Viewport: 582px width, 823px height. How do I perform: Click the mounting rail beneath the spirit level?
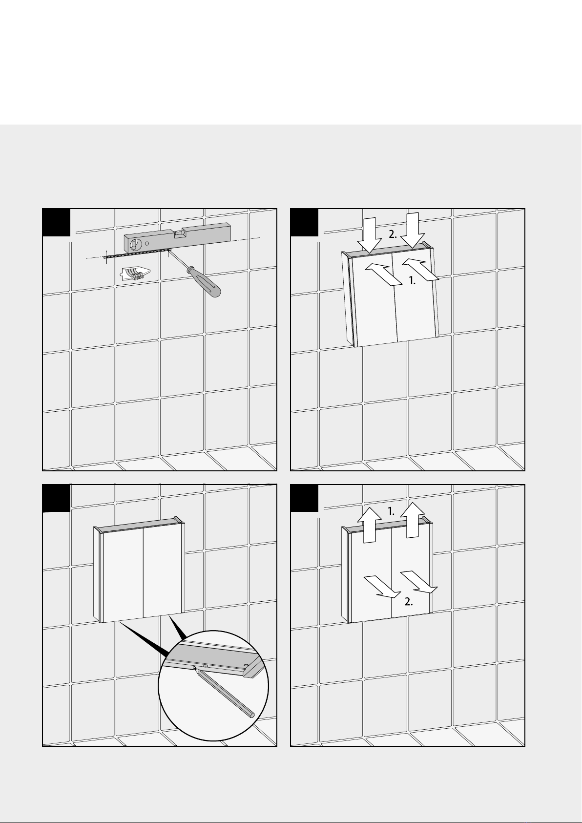click(x=137, y=253)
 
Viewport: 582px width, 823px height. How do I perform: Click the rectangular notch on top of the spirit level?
click(x=179, y=233)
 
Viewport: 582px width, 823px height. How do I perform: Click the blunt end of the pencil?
click(x=251, y=715)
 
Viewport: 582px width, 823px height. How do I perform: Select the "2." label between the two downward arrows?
click(x=393, y=235)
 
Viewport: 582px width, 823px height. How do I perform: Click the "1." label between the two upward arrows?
click(x=391, y=511)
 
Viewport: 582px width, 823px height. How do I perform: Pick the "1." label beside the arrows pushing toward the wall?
click(x=413, y=281)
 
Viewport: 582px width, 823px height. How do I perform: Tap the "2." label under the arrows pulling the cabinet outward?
click(x=409, y=602)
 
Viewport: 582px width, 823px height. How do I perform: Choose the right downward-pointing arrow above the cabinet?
click(x=413, y=231)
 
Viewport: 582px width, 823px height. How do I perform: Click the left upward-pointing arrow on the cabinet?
click(x=370, y=525)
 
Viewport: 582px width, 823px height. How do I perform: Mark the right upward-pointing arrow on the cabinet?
click(x=413, y=520)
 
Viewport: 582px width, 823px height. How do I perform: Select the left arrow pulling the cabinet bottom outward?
click(x=382, y=587)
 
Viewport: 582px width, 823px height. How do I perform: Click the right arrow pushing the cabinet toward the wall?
click(x=420, y=269)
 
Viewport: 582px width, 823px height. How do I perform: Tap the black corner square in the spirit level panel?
click(x=57, y=223)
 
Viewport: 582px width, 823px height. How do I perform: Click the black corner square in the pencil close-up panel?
click(x=57, y=498)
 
